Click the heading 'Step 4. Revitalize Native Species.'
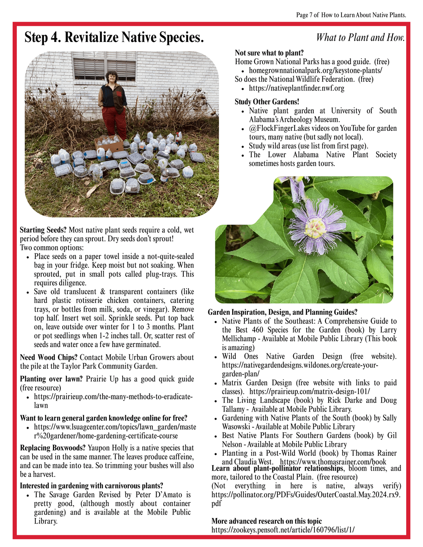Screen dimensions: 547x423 coord(114,38)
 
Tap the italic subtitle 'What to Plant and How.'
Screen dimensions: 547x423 coord(360,38)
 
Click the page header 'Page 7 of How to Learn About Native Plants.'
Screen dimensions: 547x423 coord(351,15)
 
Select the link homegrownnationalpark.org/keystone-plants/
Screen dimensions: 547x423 coord(315,70)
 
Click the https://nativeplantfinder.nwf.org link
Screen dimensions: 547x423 coord(296,88)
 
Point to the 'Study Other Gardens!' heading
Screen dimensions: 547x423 coord(267,102)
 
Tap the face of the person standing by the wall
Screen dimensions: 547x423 coord(112,77)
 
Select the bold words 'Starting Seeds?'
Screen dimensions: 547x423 coord(43,230)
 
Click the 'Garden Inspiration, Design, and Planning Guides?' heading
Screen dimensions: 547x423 coord(282,312)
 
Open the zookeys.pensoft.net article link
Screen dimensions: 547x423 coord(283,530)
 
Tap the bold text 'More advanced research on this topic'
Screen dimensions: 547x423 coord(266,521)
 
